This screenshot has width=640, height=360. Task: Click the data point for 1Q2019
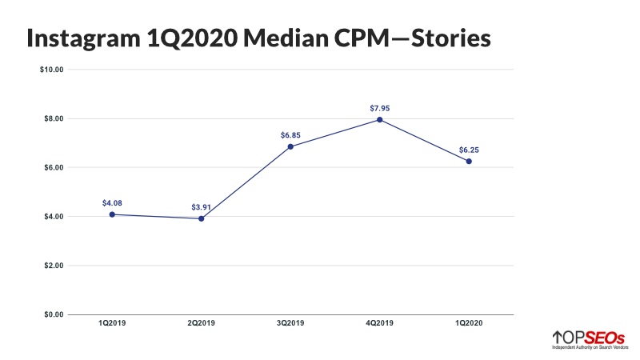point(112,214)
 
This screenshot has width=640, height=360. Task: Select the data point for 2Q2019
point(201,218)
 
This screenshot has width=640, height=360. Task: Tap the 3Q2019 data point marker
point(290,146)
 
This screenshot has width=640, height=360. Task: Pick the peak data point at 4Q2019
point(379,120)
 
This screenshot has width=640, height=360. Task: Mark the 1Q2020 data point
point(469,162)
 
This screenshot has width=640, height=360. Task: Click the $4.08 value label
point(112,203)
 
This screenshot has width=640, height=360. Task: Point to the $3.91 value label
point(201,207)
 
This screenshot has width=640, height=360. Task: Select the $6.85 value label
point(290,135)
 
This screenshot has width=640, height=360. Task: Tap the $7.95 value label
point(379,108)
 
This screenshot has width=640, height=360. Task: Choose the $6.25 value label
point(469,150)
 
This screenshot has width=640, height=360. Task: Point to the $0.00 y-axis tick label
point(53,314)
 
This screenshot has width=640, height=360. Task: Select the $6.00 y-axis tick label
point(53,167)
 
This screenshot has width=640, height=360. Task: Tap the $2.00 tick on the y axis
point(53,266)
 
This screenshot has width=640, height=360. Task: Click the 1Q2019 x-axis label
point(112,323)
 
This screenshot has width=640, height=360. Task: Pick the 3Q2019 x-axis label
point(290,323)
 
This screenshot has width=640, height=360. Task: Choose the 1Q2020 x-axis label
point(469,323)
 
